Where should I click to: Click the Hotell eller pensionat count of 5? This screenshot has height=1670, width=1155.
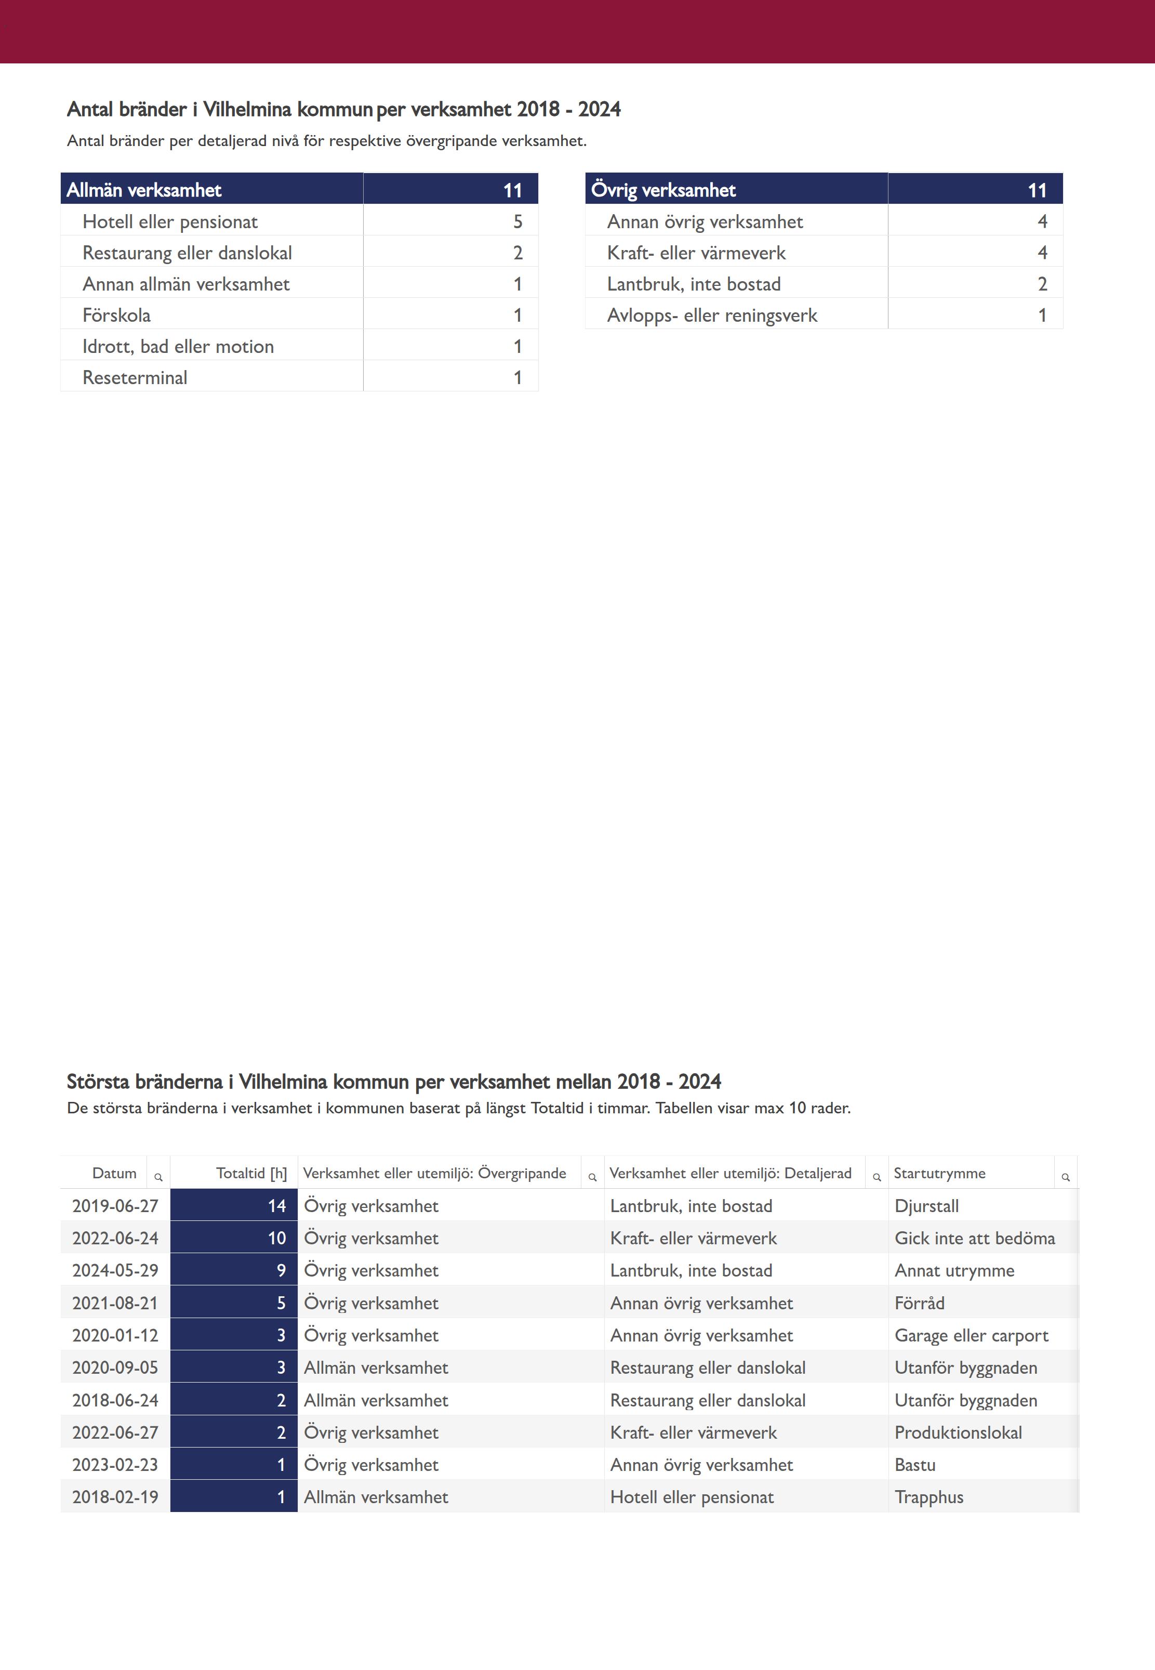coord(517,221)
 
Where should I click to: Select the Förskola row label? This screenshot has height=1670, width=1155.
coord(116,315)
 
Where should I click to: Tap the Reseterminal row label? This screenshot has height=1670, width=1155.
coord(135,377)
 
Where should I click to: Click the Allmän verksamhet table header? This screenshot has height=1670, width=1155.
coord(144,190)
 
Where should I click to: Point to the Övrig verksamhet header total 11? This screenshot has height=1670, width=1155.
coord(1037,190)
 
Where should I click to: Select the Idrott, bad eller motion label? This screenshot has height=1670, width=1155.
coord(178,346)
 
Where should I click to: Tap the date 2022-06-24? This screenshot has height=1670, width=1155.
coord(115,1238)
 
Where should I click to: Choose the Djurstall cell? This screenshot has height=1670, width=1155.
coord(926,1205)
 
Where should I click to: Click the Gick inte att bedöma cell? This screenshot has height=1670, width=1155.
coord(974,1238)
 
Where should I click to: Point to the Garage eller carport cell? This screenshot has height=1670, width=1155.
coord(971,1335)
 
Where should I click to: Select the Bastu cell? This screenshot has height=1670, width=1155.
coord(915,1464)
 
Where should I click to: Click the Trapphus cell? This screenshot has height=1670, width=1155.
coord(928,1497)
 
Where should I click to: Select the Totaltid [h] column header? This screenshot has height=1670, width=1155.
coord(251,1173)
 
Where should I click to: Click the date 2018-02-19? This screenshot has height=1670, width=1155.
coord(115,1497)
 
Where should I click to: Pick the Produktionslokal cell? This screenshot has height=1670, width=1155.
coord(958,1432)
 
